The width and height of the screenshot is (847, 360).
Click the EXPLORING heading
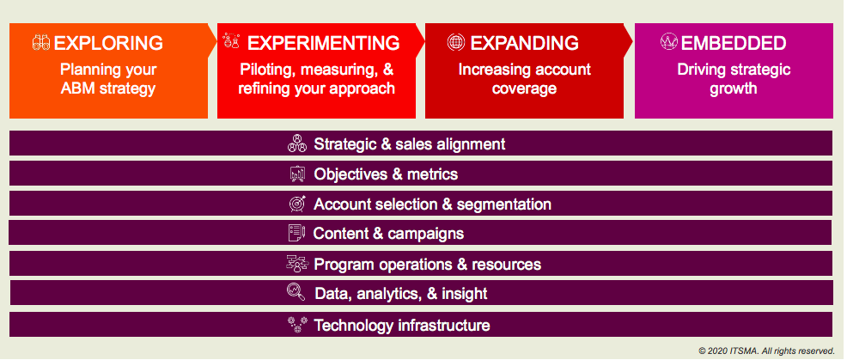108,43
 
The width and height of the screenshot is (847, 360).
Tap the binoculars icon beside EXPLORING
41,43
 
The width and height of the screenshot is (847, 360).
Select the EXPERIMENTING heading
323,43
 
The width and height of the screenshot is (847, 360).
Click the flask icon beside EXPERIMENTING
231,40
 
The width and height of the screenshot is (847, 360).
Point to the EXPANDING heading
525,43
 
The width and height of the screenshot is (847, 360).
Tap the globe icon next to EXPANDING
456,42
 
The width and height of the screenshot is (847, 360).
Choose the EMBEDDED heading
734,43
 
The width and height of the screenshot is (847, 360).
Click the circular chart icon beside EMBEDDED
668,41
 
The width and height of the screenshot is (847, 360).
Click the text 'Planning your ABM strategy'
108,78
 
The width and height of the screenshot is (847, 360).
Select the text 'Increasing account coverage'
525,78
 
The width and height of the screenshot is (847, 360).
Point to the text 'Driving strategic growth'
734,78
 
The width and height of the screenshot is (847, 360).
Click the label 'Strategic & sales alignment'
410,143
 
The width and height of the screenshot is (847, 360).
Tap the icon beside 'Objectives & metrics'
297,174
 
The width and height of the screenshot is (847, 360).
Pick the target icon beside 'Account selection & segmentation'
297,204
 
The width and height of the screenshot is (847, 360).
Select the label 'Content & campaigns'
388,234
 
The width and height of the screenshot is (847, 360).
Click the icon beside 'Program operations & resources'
296,263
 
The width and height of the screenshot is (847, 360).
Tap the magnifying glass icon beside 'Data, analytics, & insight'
296,292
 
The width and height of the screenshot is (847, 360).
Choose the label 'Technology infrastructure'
402,326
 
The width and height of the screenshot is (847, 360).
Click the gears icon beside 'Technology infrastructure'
297,324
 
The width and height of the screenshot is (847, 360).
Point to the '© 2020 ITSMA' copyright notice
767,350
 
